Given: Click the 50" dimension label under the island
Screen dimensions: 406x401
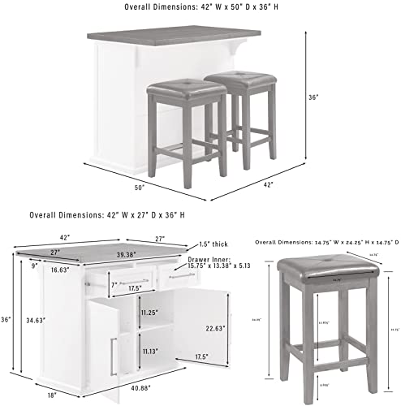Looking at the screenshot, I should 139,188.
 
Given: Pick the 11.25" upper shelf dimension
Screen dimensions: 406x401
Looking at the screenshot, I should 148,312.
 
